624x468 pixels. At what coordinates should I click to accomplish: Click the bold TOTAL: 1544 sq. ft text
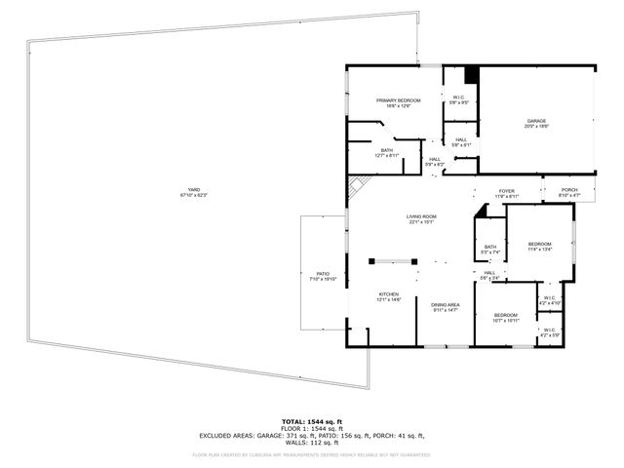(311, 421)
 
